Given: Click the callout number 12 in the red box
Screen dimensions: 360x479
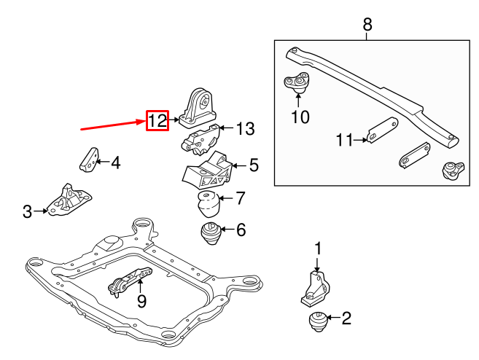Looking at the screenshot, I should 157,121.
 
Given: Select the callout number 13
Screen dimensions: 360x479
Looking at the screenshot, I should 245,130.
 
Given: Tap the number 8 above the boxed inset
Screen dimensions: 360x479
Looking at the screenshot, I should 367,25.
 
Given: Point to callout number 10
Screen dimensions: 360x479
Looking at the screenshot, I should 300,116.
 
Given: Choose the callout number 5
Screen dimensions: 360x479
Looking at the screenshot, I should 253,165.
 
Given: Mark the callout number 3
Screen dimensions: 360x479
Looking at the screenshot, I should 28,212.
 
